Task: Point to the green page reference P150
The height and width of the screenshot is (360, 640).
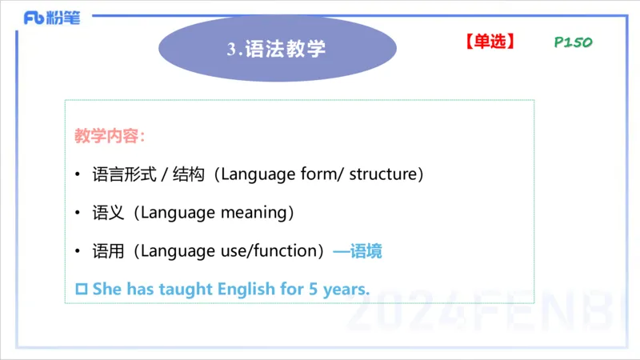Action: click(573, 42)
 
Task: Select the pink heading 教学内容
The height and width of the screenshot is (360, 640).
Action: click(110, 136)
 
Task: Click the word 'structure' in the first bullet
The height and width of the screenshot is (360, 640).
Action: click(386, 174)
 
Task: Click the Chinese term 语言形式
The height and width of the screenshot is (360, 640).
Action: click(119, 174)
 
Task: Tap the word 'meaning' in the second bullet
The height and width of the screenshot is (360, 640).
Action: click(256, 213)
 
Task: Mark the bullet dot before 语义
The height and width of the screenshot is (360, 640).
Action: click(77, 214)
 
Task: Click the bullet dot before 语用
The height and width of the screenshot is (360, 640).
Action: click(77, 252)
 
